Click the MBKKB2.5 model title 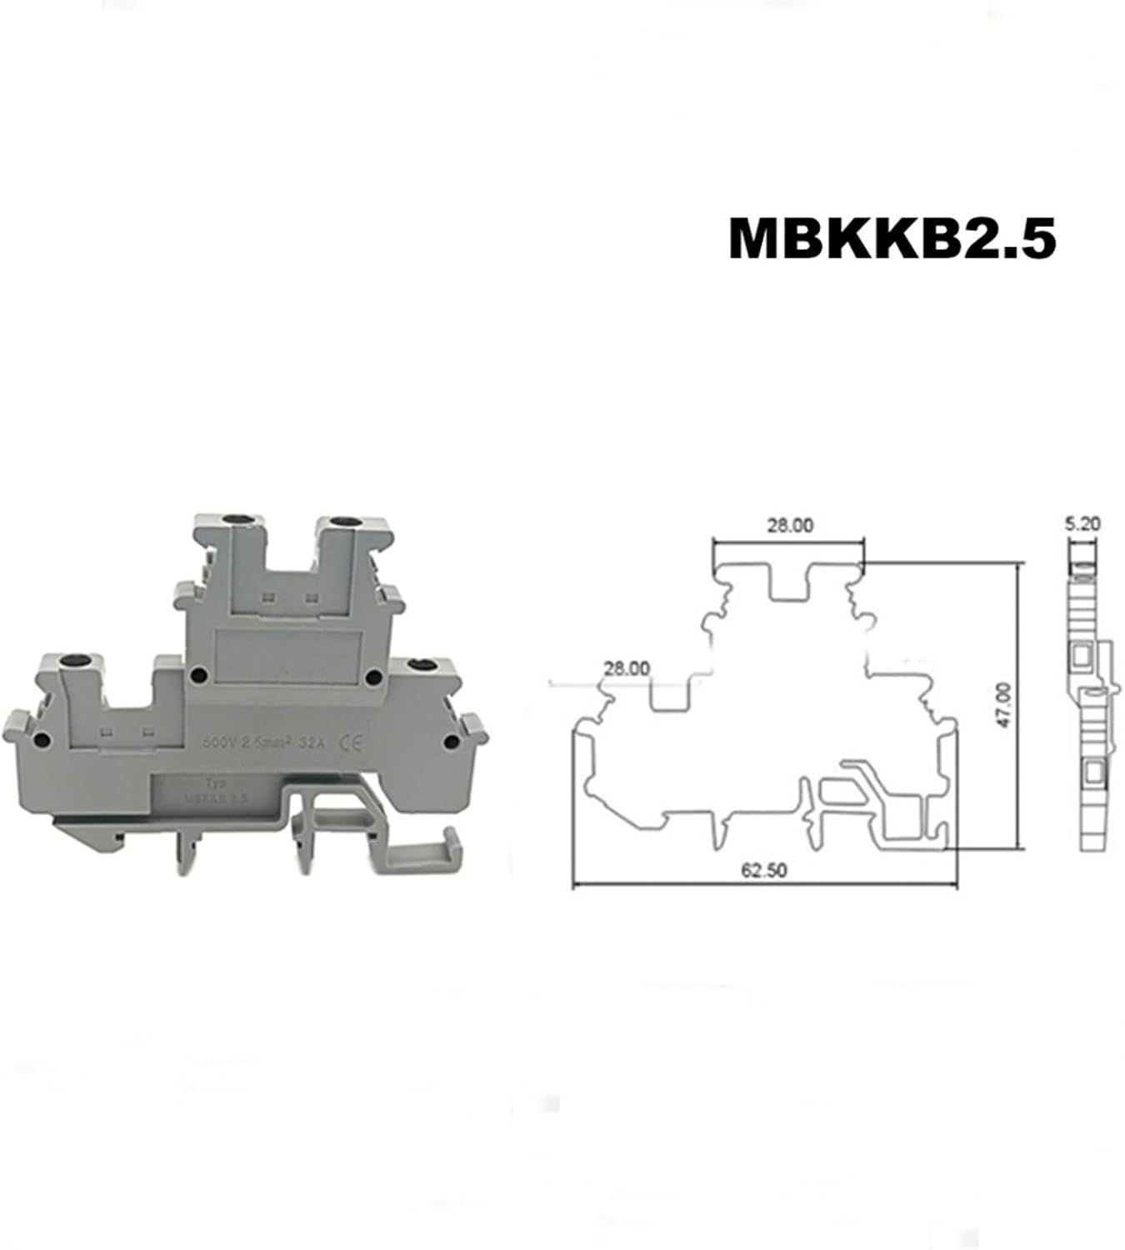pyautogui.click(x=892, y=239)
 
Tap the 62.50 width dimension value pyautogui.click(x=764, y=870)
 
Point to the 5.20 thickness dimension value pyautogui.click(x=1082, y=524)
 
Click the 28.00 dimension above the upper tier pyautogui.click(x=789, y=525)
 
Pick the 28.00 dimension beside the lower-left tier pyautogui.click(x=627, y=668)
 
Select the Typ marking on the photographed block pyautogui.click(x=215, y=782)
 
